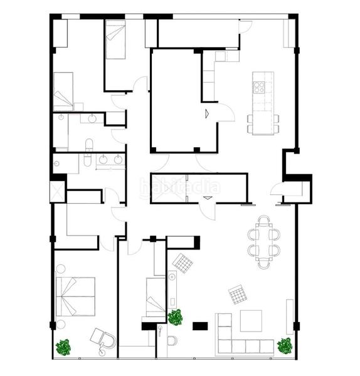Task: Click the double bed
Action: (x=75, y=296)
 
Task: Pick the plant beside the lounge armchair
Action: (x=63, y=346)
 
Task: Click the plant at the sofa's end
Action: (x=285, y=345)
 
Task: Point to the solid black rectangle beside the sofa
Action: (x=201, y=325)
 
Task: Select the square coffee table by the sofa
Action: (x=251, y=321)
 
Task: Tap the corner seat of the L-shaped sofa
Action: (x=224, y=345)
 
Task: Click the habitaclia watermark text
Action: (x=180, y=186)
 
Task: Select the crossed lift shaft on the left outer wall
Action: (x=58, y=192)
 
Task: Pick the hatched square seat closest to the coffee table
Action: (x=237, y=294)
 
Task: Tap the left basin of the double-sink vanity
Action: (x=103, y=160)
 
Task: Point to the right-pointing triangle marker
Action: (x=206, y=113)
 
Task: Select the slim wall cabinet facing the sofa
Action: (x=290, y=316)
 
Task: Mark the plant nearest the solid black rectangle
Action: (x=175, y=317)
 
